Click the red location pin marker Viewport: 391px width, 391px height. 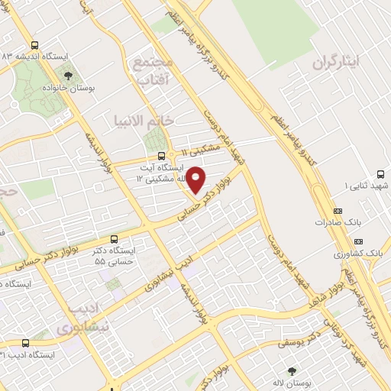tap(196, 179)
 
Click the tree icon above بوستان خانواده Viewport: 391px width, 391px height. tap(69, 75)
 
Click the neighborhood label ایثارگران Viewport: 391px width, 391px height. tap(335, 64)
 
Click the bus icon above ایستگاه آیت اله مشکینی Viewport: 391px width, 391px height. tap(150, 156)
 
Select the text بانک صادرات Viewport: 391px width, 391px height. tap(334, 223)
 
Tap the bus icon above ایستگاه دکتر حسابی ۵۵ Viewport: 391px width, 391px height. tap(114, 238)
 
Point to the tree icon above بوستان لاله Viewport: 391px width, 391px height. tap(290, 370)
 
